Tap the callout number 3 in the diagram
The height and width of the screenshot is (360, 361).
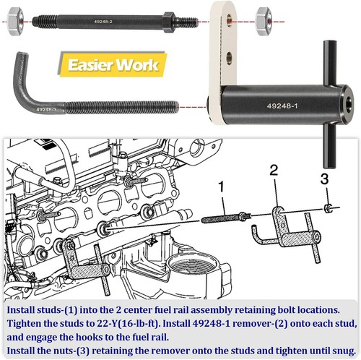point(325,179)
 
